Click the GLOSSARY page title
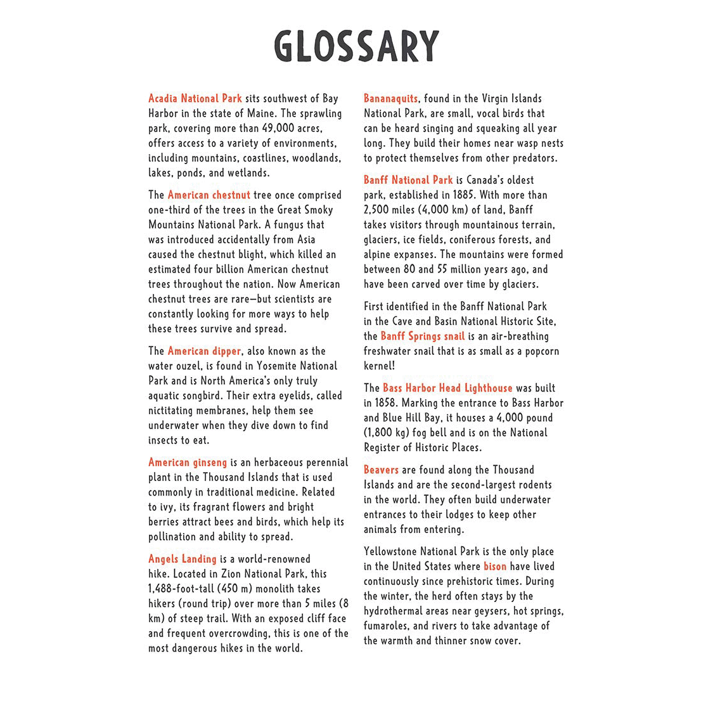pyautogui.click(x=356, y=46)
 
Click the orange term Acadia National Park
pyautogui.click(x=195, y=98)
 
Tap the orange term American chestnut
pyautogui.click(x=209, y=195)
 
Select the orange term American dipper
pyautogui.click(x=204, y=350)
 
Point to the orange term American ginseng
pyautogui.click(x=188, y=463)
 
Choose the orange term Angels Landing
pyautogui.click(x=183, y=559)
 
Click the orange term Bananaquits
pyautogui.click(x=390, y=98)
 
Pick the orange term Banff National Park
pyautogui.click(x=408, y=180)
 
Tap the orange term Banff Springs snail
pyautogui.click(x=422, y=336)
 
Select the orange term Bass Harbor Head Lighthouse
pyautogui.click(x=447, y=388)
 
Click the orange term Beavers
pyautogui.click(x=381, y=470)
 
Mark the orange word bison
pyautogui.click(x=495, y=567)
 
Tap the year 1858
pyautogui.click(x=387, y=402)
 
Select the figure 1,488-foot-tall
pyautogui.click(x=181, y=589)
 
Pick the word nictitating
pyautogui.click(x=175, y=410)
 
